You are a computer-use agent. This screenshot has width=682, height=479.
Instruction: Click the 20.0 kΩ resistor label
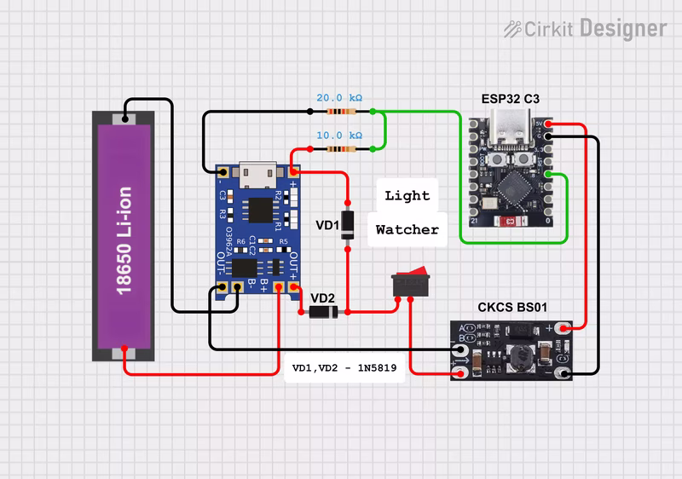(338, 99)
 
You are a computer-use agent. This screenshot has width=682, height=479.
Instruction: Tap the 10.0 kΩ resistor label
(338, 136)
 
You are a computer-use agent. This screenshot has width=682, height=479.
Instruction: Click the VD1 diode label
(327, 225)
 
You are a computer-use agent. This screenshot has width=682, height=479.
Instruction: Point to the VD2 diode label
(322, 297)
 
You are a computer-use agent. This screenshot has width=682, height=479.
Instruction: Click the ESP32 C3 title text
(510, 99)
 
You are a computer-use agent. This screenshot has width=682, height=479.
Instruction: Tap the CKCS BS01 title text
(511, 307)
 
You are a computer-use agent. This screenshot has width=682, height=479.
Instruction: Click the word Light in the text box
(407, 196)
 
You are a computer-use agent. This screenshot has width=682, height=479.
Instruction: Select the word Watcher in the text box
(407, 229)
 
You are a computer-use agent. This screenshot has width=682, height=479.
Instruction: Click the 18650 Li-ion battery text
(124, 240)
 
